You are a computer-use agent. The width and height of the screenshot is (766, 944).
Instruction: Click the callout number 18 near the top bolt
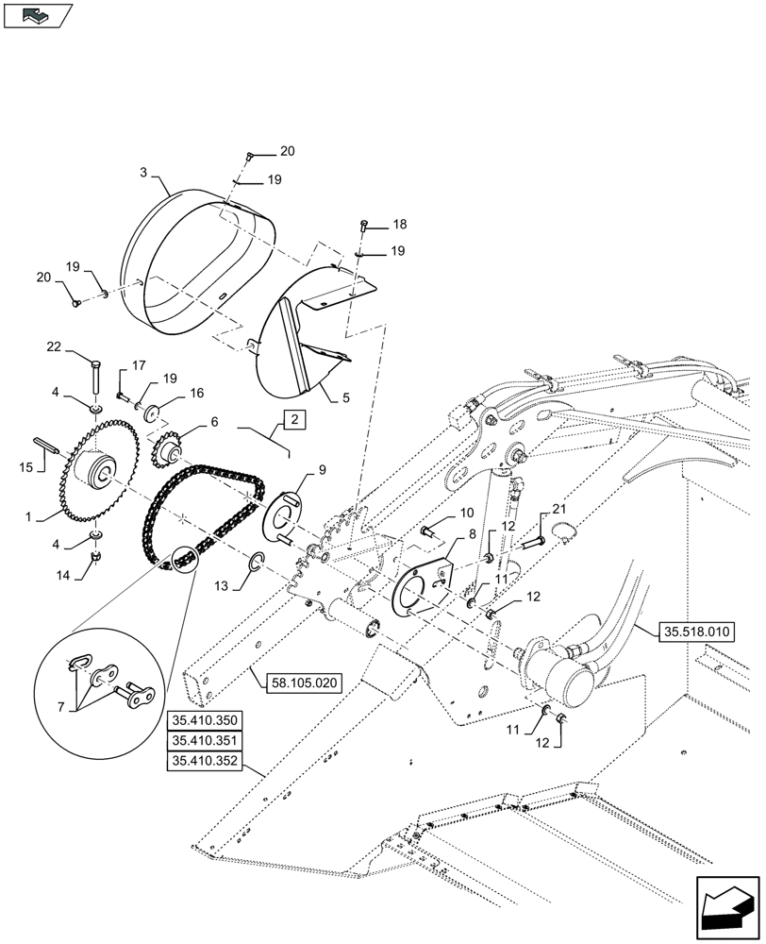[400, 225]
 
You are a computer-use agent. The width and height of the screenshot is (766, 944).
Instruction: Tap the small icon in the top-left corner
[38, 15]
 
